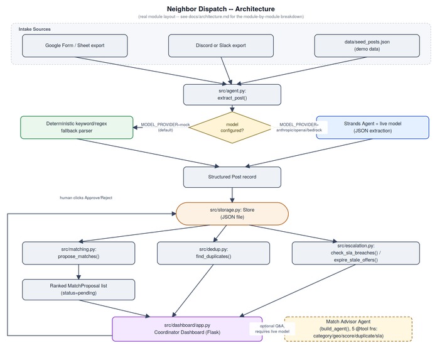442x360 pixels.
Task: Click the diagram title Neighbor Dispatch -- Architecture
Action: (221, 9)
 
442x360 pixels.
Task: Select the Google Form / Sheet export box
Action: (75, 45)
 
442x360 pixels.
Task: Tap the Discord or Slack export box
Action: (221, 45)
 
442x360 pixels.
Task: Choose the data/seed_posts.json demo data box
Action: (367, 45)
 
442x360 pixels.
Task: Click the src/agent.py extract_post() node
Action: (232, 94)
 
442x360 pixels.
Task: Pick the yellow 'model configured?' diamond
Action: (232, 128)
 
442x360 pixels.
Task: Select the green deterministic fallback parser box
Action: (77, 128)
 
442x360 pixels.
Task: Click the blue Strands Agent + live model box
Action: (373, 128)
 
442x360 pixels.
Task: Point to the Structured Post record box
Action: (232, 177)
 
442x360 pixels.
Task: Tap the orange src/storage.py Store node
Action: (232, 214)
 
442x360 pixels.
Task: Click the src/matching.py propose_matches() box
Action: (78, 253)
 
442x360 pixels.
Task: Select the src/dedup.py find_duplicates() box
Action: (213, 253)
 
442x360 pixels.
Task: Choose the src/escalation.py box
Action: (356, 253)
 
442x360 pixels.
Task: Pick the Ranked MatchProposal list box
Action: (78, 290)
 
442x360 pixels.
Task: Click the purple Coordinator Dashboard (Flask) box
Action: (187, 329)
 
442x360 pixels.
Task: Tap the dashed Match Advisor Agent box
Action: (348, 329)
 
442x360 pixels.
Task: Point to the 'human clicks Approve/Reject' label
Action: (86, 198)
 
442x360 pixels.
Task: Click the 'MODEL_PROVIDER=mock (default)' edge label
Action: (165, 128)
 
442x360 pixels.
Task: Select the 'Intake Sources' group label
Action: (35, 29)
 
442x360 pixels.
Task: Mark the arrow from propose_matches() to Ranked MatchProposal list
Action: (78, 271)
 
